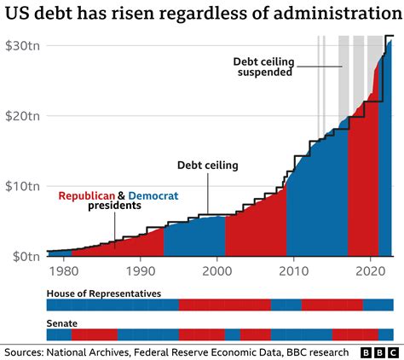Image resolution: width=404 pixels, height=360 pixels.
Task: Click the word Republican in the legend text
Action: tap(86, 195)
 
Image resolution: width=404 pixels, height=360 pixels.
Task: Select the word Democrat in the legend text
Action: tap(153, 195)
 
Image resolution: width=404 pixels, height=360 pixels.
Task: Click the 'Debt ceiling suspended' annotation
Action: tap(263, 67)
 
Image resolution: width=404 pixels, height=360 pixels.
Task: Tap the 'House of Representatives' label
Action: tap(104, 293)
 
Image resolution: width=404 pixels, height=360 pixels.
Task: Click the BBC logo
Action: tap(381, 351)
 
